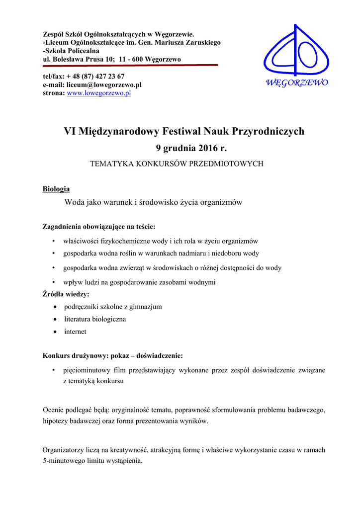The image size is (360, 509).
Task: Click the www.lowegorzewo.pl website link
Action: (x=98, y=93)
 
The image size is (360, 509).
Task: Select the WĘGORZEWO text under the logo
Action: (x=298, y=83)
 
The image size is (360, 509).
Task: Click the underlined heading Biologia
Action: (x=56, y=189)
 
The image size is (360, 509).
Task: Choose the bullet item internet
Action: (x=75, y=332)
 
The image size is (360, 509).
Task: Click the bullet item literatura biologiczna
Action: (x=95, y=319)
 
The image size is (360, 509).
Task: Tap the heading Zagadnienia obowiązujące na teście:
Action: (x=99, y=227)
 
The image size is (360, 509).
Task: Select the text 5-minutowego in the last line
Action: (x=64, y=460)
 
